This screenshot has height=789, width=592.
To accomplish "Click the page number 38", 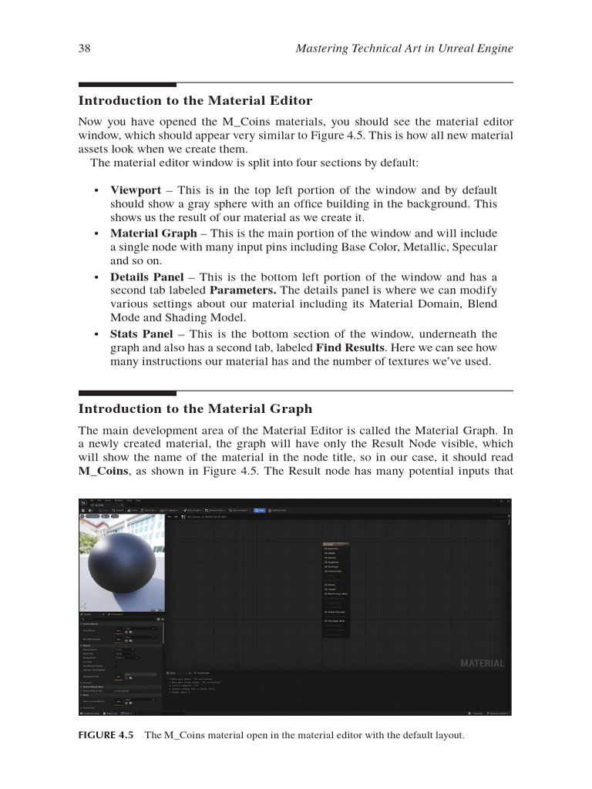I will [85, 49].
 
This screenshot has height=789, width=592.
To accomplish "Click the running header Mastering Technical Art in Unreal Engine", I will [404, 49].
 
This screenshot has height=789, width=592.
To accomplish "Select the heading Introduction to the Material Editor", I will [195, 101].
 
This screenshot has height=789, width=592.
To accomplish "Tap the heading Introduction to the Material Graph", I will [195, 409].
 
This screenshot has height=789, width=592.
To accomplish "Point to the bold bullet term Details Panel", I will [146, 277].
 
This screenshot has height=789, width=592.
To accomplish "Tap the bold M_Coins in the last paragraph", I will [103, 472].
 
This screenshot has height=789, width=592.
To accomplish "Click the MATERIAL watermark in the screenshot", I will [482, 663].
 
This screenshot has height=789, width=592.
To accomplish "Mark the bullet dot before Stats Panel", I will [96, 335].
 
